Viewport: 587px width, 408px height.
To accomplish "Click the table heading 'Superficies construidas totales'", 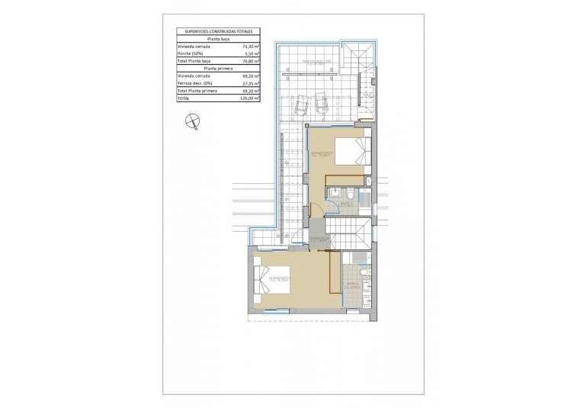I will point(218,32).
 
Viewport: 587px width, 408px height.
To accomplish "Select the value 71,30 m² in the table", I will point(250,47).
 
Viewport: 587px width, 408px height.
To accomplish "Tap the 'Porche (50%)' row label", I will point(191,53).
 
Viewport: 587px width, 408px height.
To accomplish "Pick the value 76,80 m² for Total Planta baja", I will point(250,61).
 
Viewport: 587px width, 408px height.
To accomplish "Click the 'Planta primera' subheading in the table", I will point(218,68).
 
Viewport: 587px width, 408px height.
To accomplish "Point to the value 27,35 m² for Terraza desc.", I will point(250,83).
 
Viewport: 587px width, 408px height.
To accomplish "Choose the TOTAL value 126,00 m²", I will point(250,98).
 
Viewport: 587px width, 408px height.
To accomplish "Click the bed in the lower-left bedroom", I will point(267,282).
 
